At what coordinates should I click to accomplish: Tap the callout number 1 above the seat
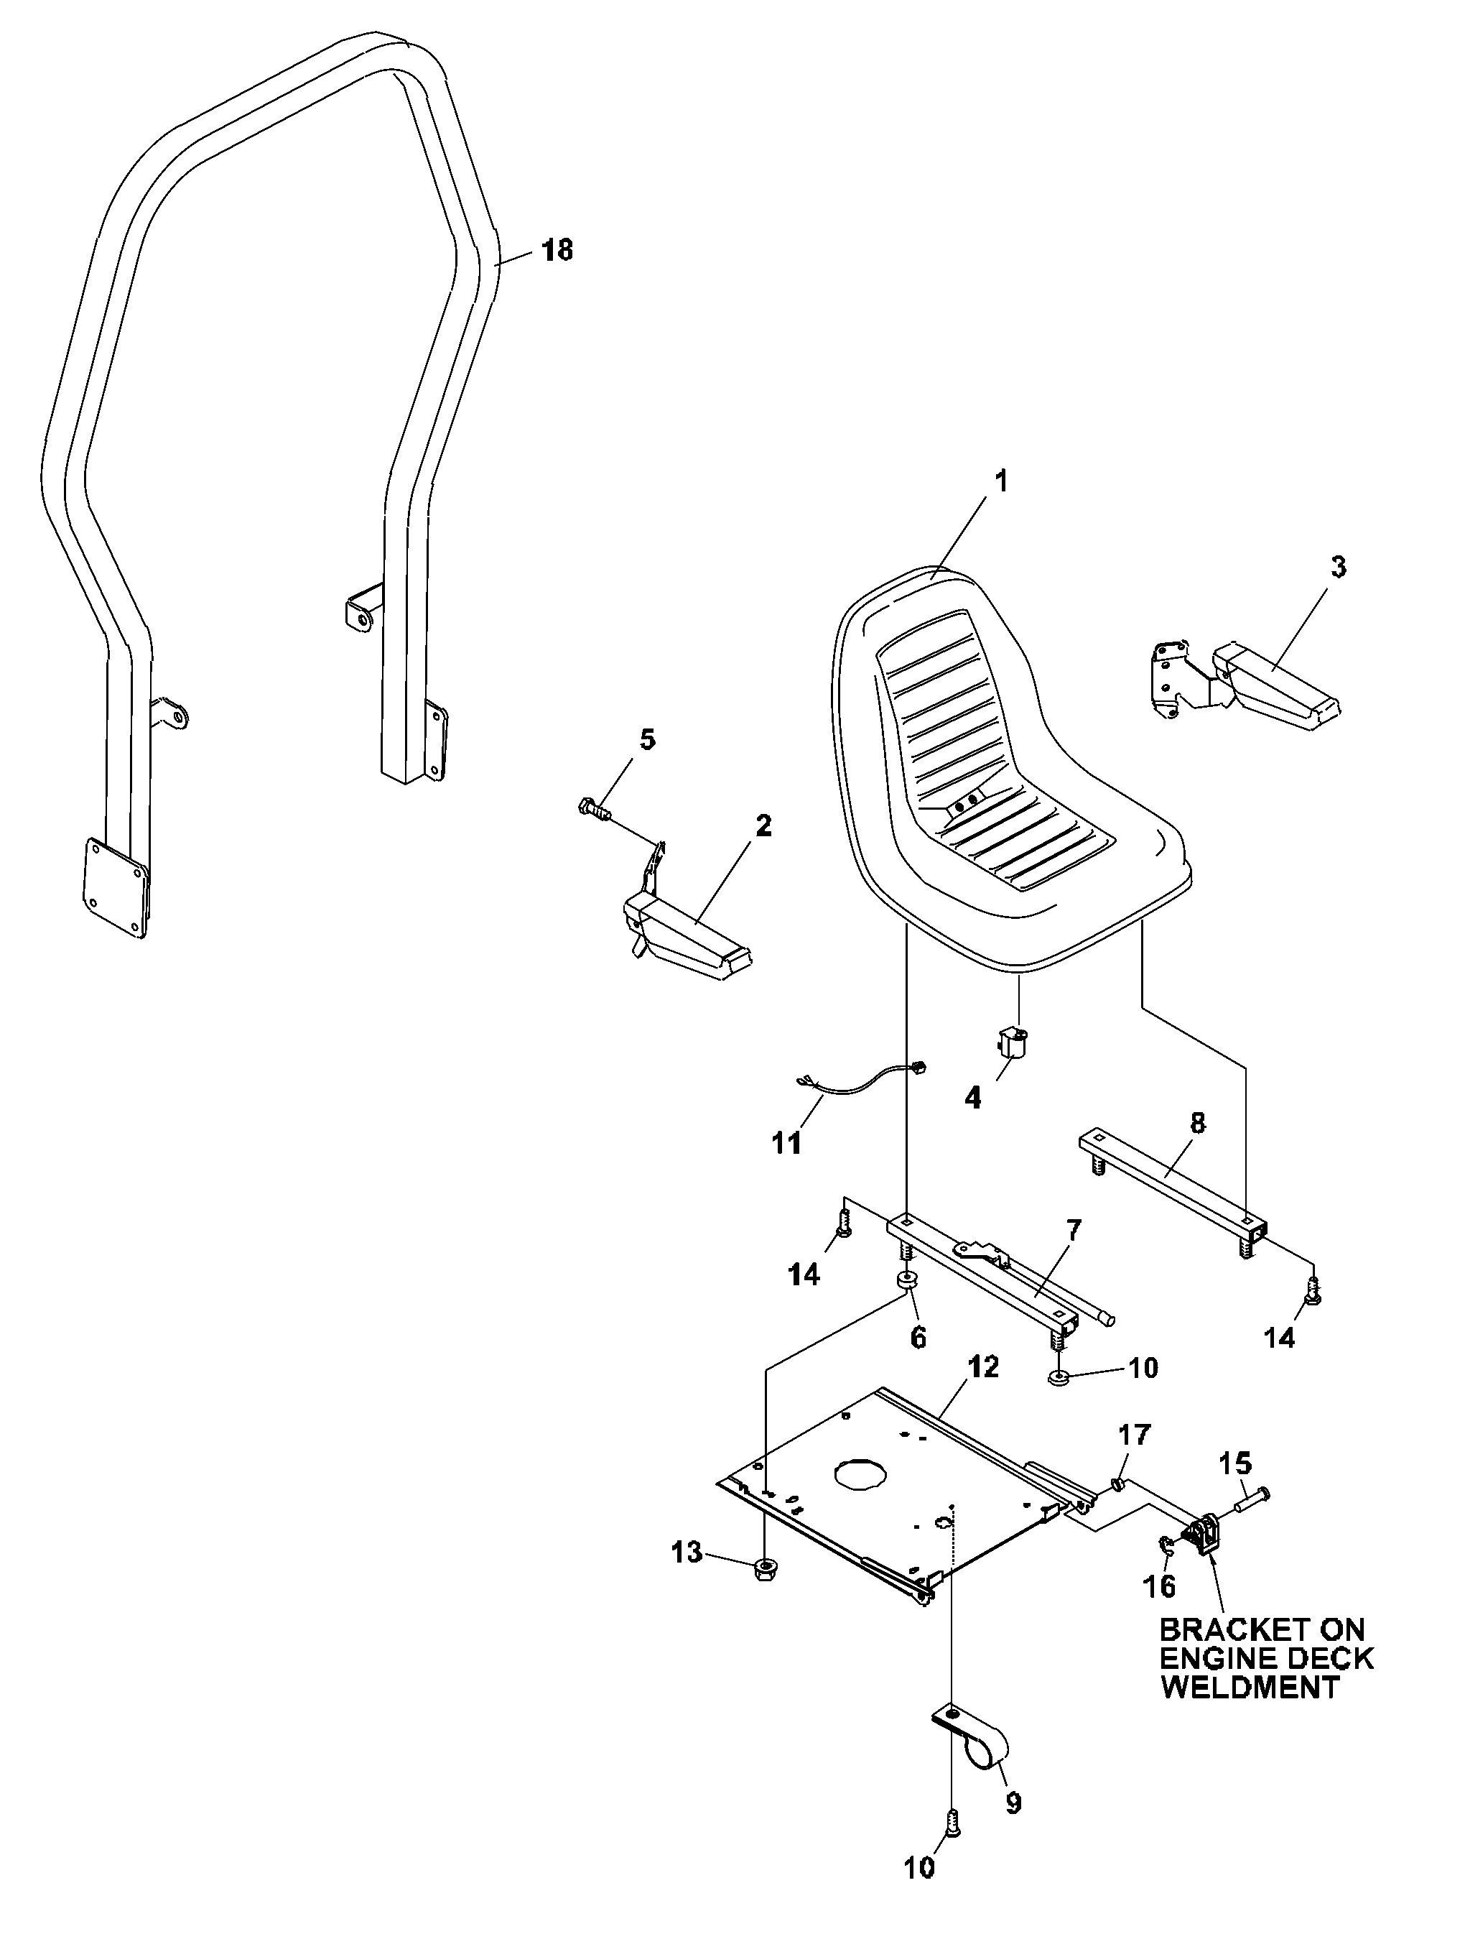pos(1002,480)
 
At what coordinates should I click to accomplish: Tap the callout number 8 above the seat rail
pos(1198,1123)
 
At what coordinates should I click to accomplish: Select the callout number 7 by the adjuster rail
pos(1074,1230)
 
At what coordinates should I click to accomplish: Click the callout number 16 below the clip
pos(1160,1584)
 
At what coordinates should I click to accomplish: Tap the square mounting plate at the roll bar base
pos(116,888)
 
